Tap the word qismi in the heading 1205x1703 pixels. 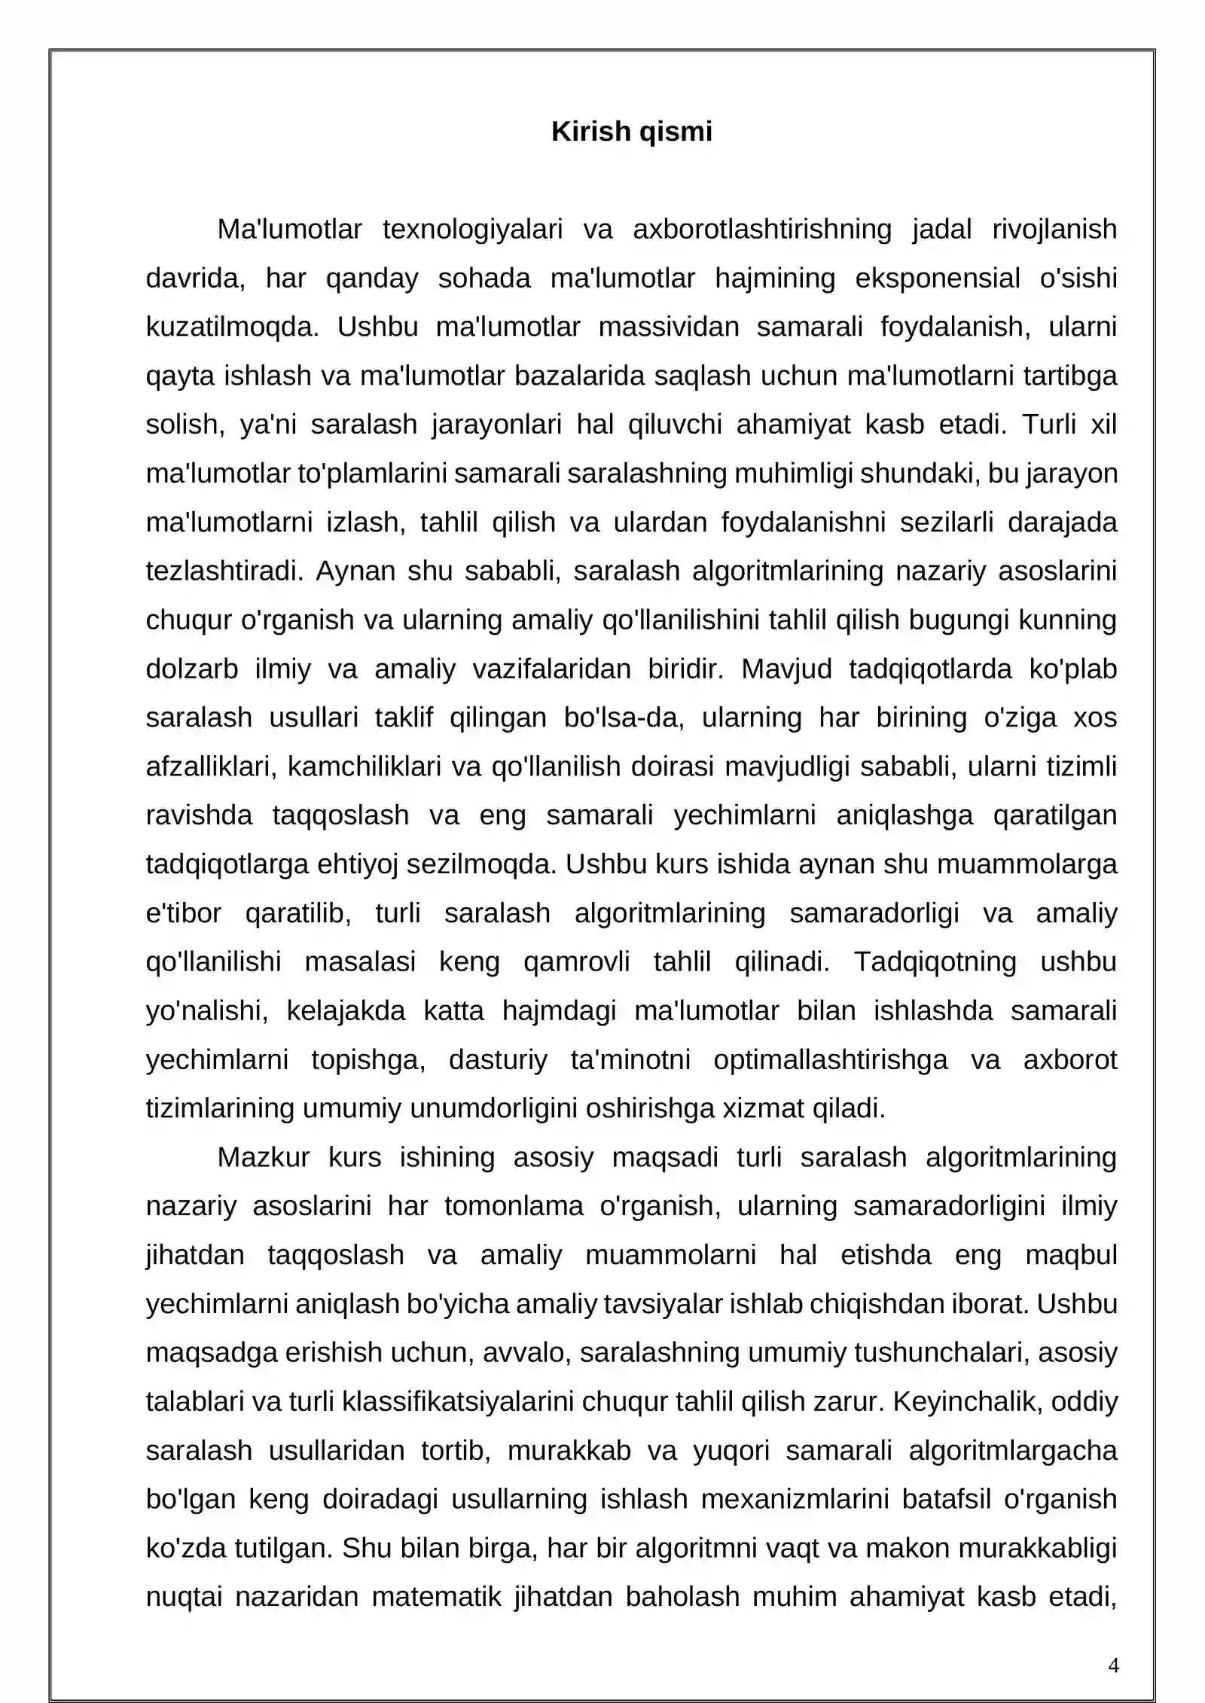tap(675, 132)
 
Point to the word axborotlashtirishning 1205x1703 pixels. tap(761, 229)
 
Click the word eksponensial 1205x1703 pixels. tap(937, 278)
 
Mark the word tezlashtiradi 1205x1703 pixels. tap(224, 571)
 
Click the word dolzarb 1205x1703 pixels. tap(191, 669)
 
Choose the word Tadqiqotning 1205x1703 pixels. tap(935, 961)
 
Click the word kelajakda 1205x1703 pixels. tap(346, 1010)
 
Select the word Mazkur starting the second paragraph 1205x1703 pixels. tap(263, 1157)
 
